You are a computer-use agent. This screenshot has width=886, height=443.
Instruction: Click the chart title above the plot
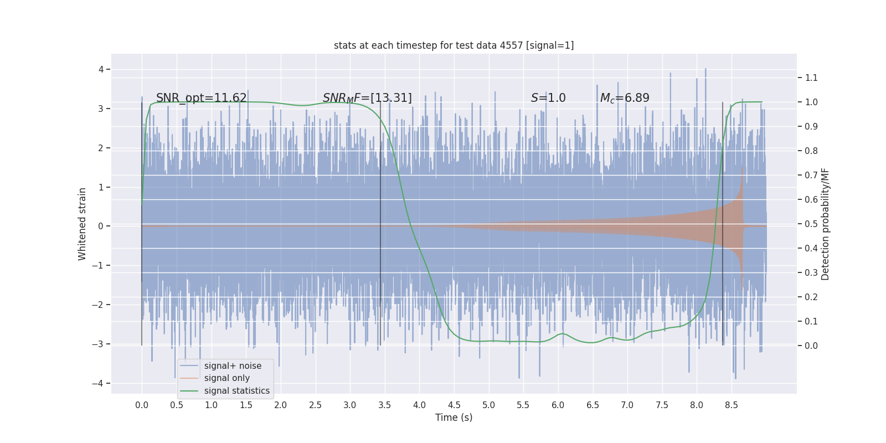[x=454, y=45]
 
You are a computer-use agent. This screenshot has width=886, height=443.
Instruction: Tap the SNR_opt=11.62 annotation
[x=201, y=98]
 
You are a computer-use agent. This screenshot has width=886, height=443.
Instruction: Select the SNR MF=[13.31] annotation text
[x=367, y=98]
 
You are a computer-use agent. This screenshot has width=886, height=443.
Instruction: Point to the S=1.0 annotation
[x=548, y=98]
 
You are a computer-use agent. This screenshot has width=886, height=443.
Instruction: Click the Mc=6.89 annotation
[x=625, y=98]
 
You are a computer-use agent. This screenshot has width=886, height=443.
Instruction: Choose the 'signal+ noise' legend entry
[x=233, y=366]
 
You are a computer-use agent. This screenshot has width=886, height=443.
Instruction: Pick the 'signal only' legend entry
[x=226, y=378]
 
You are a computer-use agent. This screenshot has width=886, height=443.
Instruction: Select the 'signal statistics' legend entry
[x=236, y=391]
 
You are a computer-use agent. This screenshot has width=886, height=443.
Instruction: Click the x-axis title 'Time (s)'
[x=454, y=418]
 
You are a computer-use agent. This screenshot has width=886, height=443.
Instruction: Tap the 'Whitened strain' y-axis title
[x=83, y=224]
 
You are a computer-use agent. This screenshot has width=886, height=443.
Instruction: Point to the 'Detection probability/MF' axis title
[x=825, y=224]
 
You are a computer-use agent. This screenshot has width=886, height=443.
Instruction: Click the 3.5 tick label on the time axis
[x=384, y=405]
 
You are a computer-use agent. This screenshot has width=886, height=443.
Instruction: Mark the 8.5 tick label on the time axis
[x=731, y=405]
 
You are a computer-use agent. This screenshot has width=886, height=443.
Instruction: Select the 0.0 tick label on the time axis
[x=142, y=405]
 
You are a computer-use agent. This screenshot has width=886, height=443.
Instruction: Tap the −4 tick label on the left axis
[x=100, y=383]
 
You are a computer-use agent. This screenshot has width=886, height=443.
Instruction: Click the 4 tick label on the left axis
[x=101, y=69]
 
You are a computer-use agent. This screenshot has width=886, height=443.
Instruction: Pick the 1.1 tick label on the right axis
[x=811, y=78]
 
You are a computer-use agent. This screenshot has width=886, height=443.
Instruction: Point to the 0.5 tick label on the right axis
[x=811, y=224]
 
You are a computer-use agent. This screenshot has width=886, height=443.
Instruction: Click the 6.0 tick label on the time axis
[x=558, y=405]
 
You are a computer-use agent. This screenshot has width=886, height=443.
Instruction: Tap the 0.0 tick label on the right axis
[x=811, y=346]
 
